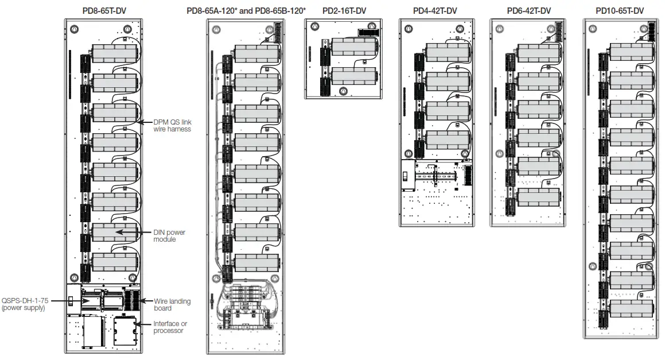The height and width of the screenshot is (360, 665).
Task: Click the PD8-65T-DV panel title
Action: pos(103,10)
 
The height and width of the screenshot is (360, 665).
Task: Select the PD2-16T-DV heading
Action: pos(344,10)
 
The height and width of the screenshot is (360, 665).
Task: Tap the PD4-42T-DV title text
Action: pos(435,10)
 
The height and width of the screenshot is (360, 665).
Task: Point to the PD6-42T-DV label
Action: pos(528,10)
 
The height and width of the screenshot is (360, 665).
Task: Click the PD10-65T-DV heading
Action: pos(620,10)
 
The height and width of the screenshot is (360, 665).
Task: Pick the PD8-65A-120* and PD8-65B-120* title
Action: pos(246,10)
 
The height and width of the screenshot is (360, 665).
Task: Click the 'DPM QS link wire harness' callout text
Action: pos(172,126)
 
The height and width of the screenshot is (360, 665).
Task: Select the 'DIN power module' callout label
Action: pos(169,235)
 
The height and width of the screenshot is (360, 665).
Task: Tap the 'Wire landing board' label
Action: pos(172,304)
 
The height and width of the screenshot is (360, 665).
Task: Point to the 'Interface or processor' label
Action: pos(170,327)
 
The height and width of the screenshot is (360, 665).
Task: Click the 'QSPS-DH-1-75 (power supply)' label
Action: pos(23,304)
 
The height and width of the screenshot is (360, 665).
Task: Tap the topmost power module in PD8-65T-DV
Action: pos(115,53)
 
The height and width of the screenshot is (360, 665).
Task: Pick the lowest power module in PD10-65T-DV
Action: pos(632,309)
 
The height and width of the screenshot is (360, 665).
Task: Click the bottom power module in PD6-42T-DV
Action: pos(538,196)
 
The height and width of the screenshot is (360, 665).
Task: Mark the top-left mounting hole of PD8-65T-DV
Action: pos(73,28)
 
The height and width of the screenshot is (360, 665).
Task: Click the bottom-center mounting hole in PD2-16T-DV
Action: pos(343,91)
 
